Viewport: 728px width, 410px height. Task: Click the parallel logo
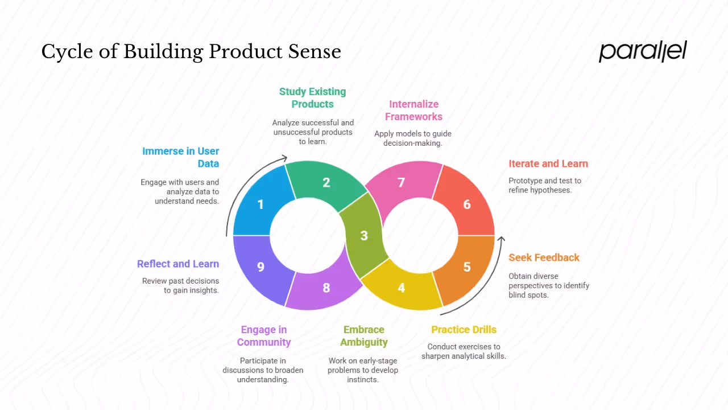pyautogui.click(x=643, y=51)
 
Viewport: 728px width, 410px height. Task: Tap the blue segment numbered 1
pyautogui.click(x=261, y=204)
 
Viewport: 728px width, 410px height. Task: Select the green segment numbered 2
pyautogui.click(x=326, y=183)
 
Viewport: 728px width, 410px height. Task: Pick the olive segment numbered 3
pyautogui.click(x=364, y=235)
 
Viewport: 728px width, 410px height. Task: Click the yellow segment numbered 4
pyautogui.click(x=402, y=288)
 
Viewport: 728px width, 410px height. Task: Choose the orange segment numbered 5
pyautogui.click(x=466, y=266)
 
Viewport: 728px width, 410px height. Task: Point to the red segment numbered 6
pyautogui.click(x=466, y=204)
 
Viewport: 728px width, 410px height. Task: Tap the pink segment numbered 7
pyautogui.click(x=402, y=183)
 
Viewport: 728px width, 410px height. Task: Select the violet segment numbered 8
pyautogui.click(x=326, y=288)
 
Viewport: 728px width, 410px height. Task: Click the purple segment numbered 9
pyautogui.click(x=261, y=266)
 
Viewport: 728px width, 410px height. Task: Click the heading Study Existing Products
pyautogui.click(x=312, y=98)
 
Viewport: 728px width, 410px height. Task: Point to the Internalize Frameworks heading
pyautogui.click(x=413, y=110)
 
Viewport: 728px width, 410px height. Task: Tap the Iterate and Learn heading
pyautogui.click(x=548, y=164)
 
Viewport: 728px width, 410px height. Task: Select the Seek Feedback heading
pyautogui.click(x=544, y=258)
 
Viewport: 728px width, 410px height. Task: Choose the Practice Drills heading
pyautogui.click(x=464, y=330)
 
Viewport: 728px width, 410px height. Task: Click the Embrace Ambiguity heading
pyautogui.click(x=364, y=336)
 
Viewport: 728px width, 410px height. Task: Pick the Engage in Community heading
pyautogui.click(x=264, y=336)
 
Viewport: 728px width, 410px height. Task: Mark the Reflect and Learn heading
pyautogui.click(x=178, y=264)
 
